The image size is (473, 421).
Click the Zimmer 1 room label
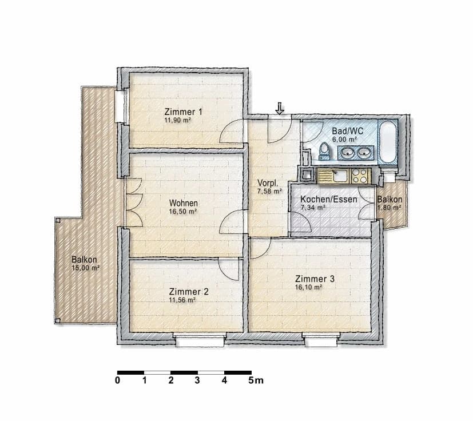click(183, 112)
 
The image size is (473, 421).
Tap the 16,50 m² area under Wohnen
click(183, 211)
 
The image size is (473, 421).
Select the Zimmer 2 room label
click(189, 291)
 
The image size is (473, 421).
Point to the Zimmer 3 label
click(315, 279)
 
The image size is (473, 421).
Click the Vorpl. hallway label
click(268, 183)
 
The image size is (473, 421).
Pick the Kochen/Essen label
click(329, 200)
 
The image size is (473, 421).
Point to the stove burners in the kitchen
click(360, 176)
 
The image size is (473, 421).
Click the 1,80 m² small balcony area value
click(389, 208)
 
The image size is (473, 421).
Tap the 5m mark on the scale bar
click(256, 379)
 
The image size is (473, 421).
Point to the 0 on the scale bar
click(118, 379)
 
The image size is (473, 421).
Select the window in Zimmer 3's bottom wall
click(320, 341)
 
